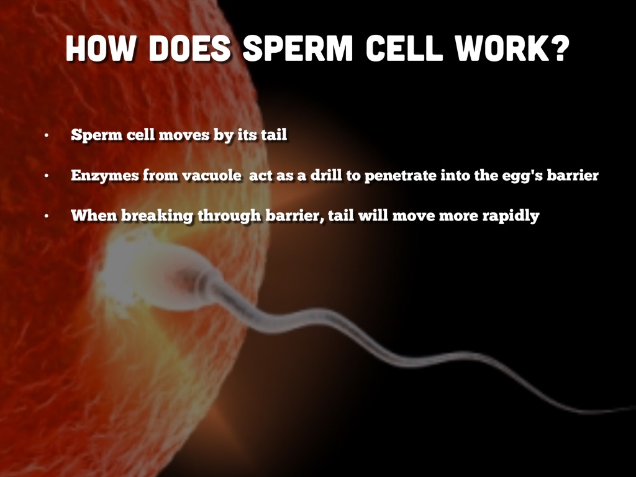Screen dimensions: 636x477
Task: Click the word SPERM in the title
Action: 298,48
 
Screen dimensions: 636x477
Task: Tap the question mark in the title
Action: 560,48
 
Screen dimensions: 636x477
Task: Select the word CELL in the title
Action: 404,48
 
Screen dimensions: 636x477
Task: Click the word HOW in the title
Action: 100,48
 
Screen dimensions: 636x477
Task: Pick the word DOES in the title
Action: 189,48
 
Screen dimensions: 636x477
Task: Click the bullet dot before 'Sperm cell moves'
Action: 47,135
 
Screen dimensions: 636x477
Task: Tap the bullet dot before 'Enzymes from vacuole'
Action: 47,176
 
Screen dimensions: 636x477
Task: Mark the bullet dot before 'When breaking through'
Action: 47,216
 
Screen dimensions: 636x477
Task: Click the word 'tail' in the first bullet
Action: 274,134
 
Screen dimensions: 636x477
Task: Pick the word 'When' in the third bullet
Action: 94,215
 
